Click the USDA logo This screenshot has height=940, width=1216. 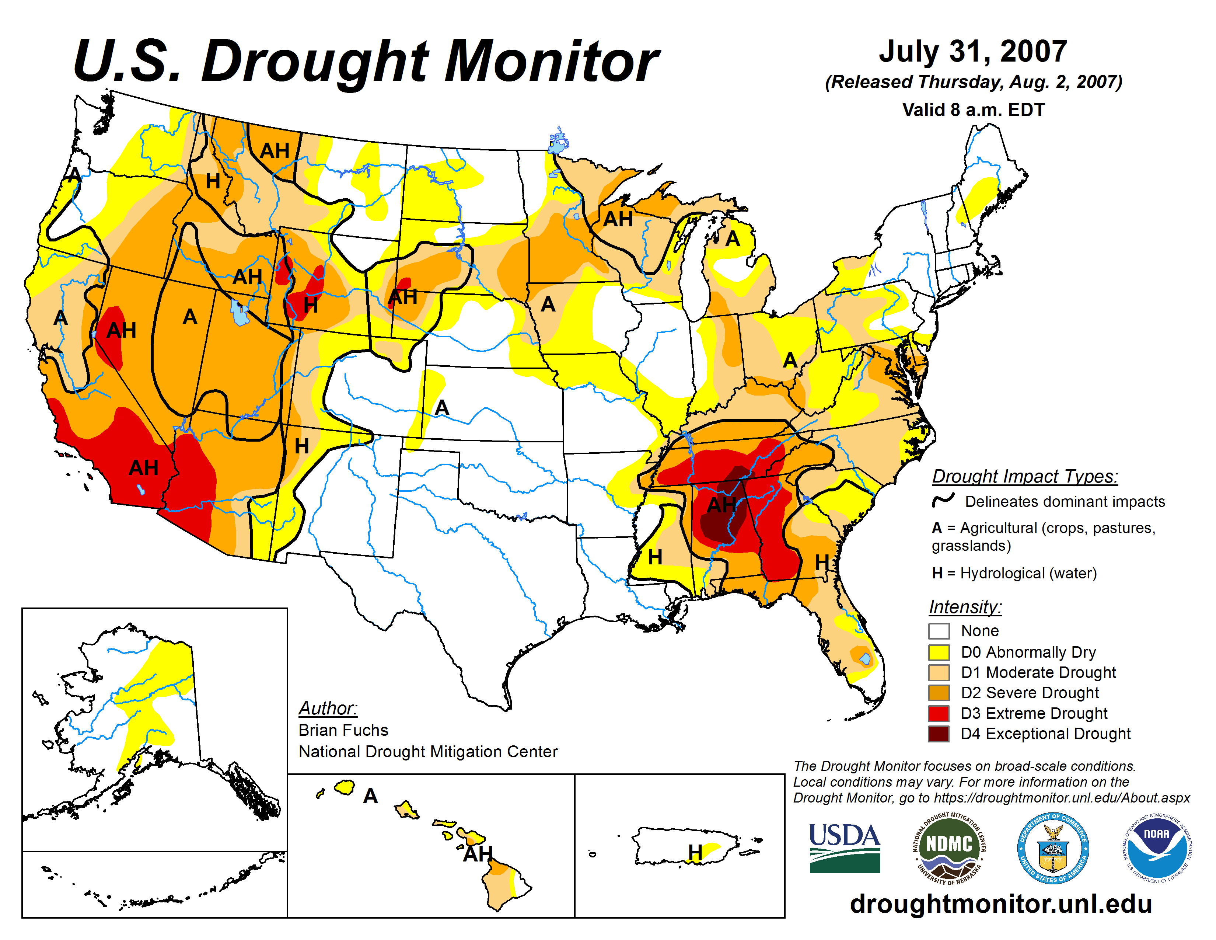click(x=844, y=847)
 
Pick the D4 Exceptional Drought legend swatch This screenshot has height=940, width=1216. click(x=939, y=734)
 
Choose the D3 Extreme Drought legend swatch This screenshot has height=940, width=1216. click(x=939, y=713)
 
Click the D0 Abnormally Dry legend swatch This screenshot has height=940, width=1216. click(x=939, y=652)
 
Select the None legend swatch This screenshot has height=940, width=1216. click(x=939, y=631)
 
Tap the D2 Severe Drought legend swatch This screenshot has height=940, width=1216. click(x=939, y=693)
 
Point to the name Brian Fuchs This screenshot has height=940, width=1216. click(x=343, y=730)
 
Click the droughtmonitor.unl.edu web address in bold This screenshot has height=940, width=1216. click(x=1000, y=903)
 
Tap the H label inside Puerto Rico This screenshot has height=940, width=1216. click(x=695, y=852)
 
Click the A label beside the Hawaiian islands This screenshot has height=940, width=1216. click(x=370, y=796)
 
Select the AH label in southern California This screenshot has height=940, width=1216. click(x=144, y=468)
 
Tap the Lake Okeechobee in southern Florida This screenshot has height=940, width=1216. click(x=865, y=659)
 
